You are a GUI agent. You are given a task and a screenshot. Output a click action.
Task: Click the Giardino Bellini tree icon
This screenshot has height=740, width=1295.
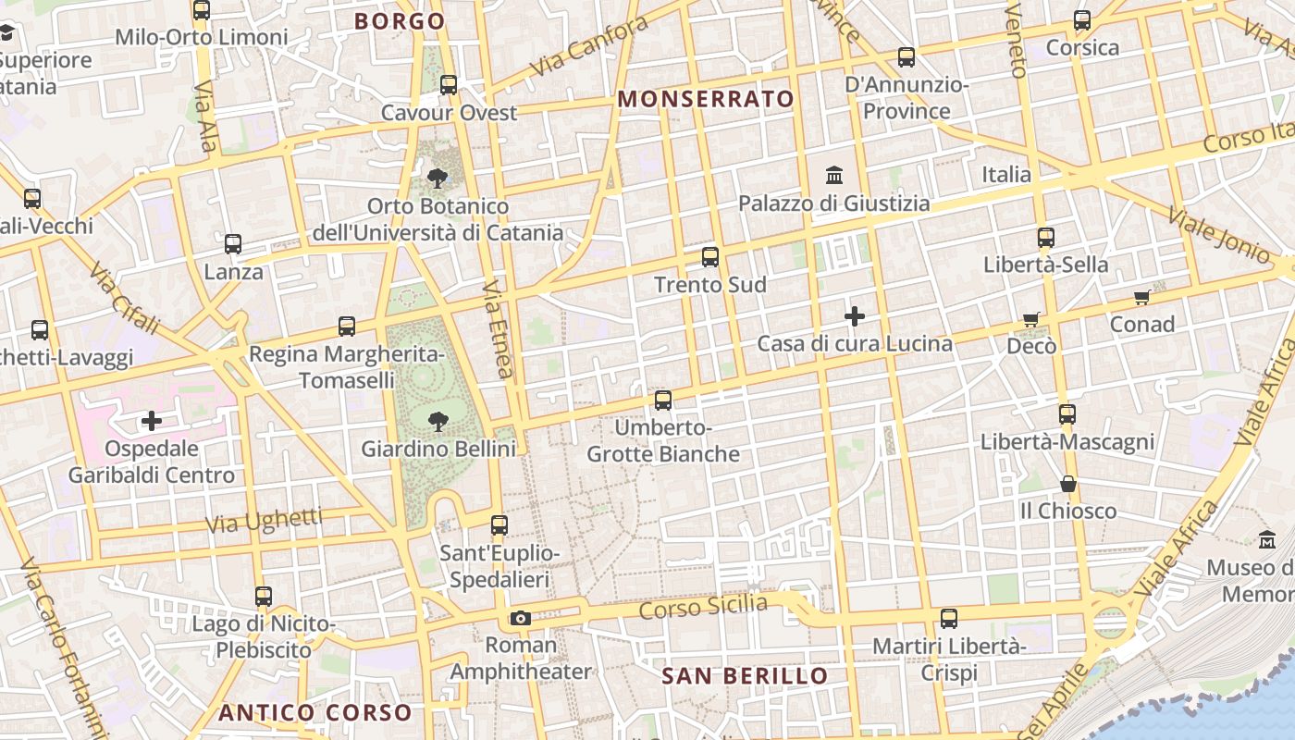click(x=438, y=422)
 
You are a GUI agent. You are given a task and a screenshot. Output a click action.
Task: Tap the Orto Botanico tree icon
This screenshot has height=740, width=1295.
click(x=438, y=178)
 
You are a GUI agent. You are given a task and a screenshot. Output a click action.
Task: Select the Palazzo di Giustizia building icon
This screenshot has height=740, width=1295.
click(x=834, y=175)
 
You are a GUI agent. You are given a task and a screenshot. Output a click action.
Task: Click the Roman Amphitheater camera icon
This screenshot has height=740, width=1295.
click(x=521, y=618)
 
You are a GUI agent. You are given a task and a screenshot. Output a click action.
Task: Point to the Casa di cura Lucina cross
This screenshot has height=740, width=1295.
click(x=855, y=316)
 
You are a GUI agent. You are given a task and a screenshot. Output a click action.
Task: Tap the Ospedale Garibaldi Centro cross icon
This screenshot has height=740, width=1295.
click(x=152, y=422)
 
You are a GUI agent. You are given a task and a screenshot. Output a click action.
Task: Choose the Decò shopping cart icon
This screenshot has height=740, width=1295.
click(x=1031, y=319)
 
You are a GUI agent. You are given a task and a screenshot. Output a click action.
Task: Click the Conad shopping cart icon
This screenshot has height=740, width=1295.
click(x=1142, y=297)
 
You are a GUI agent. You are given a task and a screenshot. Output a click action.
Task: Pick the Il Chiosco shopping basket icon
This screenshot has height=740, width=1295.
click(x=1068, y=483)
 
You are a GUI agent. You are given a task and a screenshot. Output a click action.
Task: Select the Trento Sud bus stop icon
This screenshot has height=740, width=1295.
click(x=710, y=257)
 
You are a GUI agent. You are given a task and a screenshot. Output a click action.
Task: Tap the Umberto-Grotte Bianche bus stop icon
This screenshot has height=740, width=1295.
click(x=663, y=401)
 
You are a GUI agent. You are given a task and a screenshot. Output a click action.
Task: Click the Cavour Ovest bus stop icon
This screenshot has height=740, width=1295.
click(x=449, y=85)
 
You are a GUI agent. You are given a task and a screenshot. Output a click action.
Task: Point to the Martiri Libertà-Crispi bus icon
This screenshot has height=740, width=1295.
click(x=949, y=619)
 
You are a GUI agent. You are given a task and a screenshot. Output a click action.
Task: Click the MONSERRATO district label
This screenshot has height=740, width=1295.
click(x=706, y=99)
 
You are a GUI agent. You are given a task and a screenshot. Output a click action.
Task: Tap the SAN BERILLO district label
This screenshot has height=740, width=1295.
click(x=745, y=676)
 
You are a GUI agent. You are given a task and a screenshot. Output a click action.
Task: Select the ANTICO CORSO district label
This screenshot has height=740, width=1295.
click(x=314, y=712)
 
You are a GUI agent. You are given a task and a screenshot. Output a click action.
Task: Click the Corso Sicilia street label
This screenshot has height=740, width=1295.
click(x=703, y=608)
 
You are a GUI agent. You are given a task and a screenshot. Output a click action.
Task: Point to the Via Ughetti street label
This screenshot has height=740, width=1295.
click(x=264, y=521)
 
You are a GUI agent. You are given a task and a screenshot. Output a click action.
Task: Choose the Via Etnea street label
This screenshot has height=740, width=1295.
click(x=497, y=330)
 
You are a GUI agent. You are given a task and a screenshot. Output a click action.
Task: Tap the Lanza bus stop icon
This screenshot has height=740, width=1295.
click(x=233, y=244)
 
